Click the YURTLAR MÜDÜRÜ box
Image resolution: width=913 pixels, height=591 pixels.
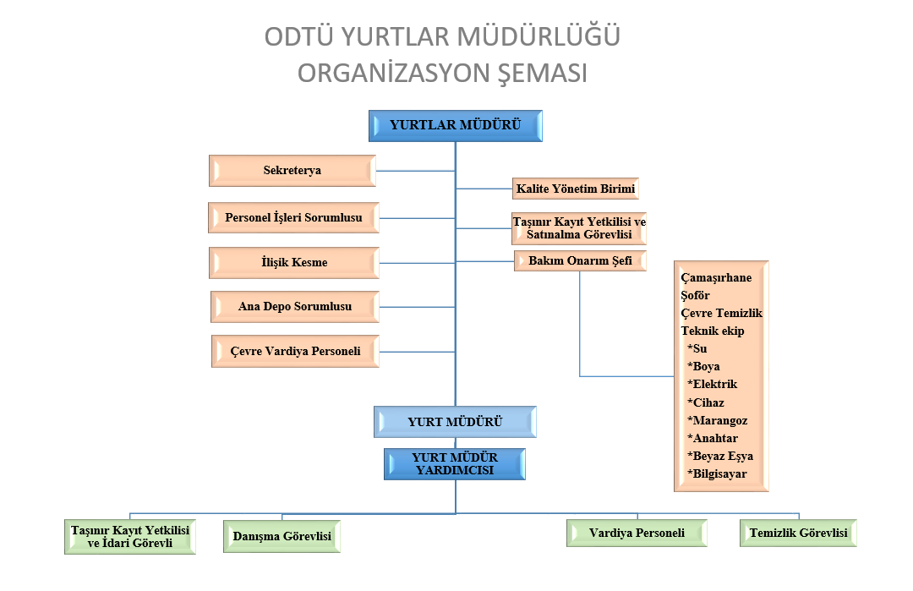[x=456, y=126]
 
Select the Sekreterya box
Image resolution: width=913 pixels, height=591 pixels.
[x=292, y=171]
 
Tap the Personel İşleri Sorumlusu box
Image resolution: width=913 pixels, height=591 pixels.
[x=294, y=218]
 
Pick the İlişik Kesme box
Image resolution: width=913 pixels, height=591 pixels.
[x=294, y=263]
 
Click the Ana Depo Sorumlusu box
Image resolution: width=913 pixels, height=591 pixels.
[x=295, y=307]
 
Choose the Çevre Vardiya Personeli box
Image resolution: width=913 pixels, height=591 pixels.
[x=295, y=351]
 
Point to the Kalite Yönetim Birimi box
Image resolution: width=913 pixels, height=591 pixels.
[x=576, y=189]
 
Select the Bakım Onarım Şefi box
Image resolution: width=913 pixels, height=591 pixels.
[x=580, y=261]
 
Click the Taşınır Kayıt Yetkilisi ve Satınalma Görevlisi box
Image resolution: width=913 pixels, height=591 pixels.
[x=579, y=228]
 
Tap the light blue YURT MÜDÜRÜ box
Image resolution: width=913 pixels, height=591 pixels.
[x=455, y=422]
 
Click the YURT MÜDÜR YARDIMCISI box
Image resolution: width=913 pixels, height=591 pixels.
[x=455, y=464]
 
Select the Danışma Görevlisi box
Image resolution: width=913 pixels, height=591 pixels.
[x=282, y=536]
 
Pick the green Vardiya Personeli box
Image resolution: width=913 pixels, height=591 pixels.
[x=637, y=533]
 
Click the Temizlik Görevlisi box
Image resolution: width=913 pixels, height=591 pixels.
[x=798, y=533]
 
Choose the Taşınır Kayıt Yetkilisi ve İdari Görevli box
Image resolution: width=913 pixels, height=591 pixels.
[x=130, y=537]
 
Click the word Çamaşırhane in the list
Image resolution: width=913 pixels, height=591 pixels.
[x=716, y=277]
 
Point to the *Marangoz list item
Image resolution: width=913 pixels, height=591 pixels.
[x=718, y=420]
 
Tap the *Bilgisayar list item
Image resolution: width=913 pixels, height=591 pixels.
[x=717, y=474]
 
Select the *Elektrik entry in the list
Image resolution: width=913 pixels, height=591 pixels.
[x=712, y=385]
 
